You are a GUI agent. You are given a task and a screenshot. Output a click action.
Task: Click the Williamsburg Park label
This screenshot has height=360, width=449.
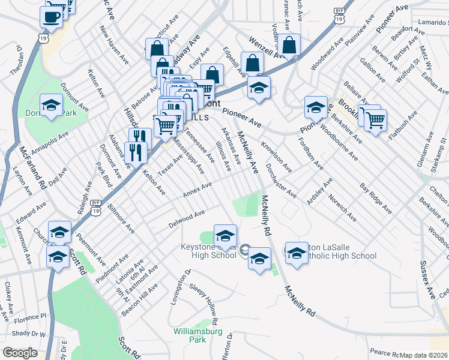pos(190,335)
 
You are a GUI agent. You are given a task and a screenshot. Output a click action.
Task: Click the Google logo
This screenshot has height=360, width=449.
pos(20,353)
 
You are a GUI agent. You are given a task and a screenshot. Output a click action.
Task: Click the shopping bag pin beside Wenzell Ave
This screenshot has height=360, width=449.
pos(289,46)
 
